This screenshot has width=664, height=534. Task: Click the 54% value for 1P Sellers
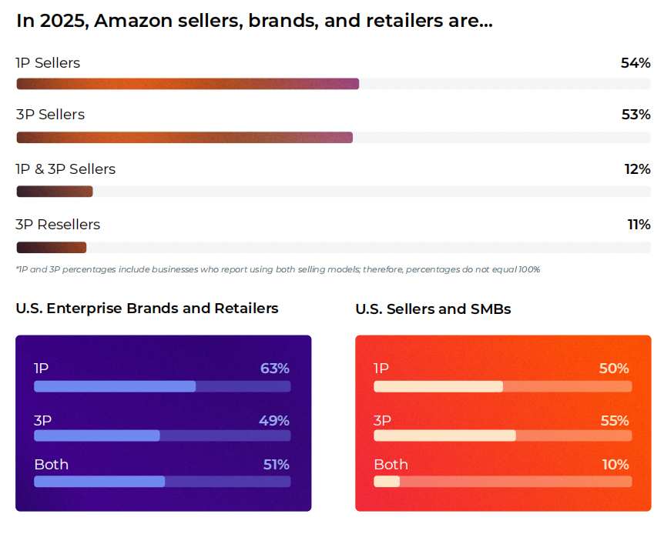coord(635,63)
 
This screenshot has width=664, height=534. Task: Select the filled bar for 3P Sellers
coord(185,137)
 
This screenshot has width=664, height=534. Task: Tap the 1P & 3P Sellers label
coord(65,169)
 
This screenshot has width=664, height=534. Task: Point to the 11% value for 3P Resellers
coord(639,225)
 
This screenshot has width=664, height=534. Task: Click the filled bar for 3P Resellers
coord(52,247)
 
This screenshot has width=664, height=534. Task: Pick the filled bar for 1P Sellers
coord(188,83)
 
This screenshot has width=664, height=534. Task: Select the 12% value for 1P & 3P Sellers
coord(637,169)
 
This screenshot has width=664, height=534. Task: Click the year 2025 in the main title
coord(60,22)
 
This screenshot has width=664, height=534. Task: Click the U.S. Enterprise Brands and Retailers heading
coord(147,309)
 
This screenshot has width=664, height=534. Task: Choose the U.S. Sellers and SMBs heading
coord(433,309)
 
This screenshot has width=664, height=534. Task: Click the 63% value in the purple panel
coord(275,369)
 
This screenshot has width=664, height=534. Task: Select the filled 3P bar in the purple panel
coord(97,436)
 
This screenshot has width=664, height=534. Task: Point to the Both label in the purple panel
coord(51,465)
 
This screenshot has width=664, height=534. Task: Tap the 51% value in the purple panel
coord(276,465)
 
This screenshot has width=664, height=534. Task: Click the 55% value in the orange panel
coord(614,421)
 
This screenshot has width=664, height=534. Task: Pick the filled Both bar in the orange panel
coord(387,482)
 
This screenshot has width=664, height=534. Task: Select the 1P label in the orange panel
coord(381,369)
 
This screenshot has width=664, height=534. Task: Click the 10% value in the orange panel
coord(615,465)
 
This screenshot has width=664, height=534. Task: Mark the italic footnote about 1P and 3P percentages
coord(277,269)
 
